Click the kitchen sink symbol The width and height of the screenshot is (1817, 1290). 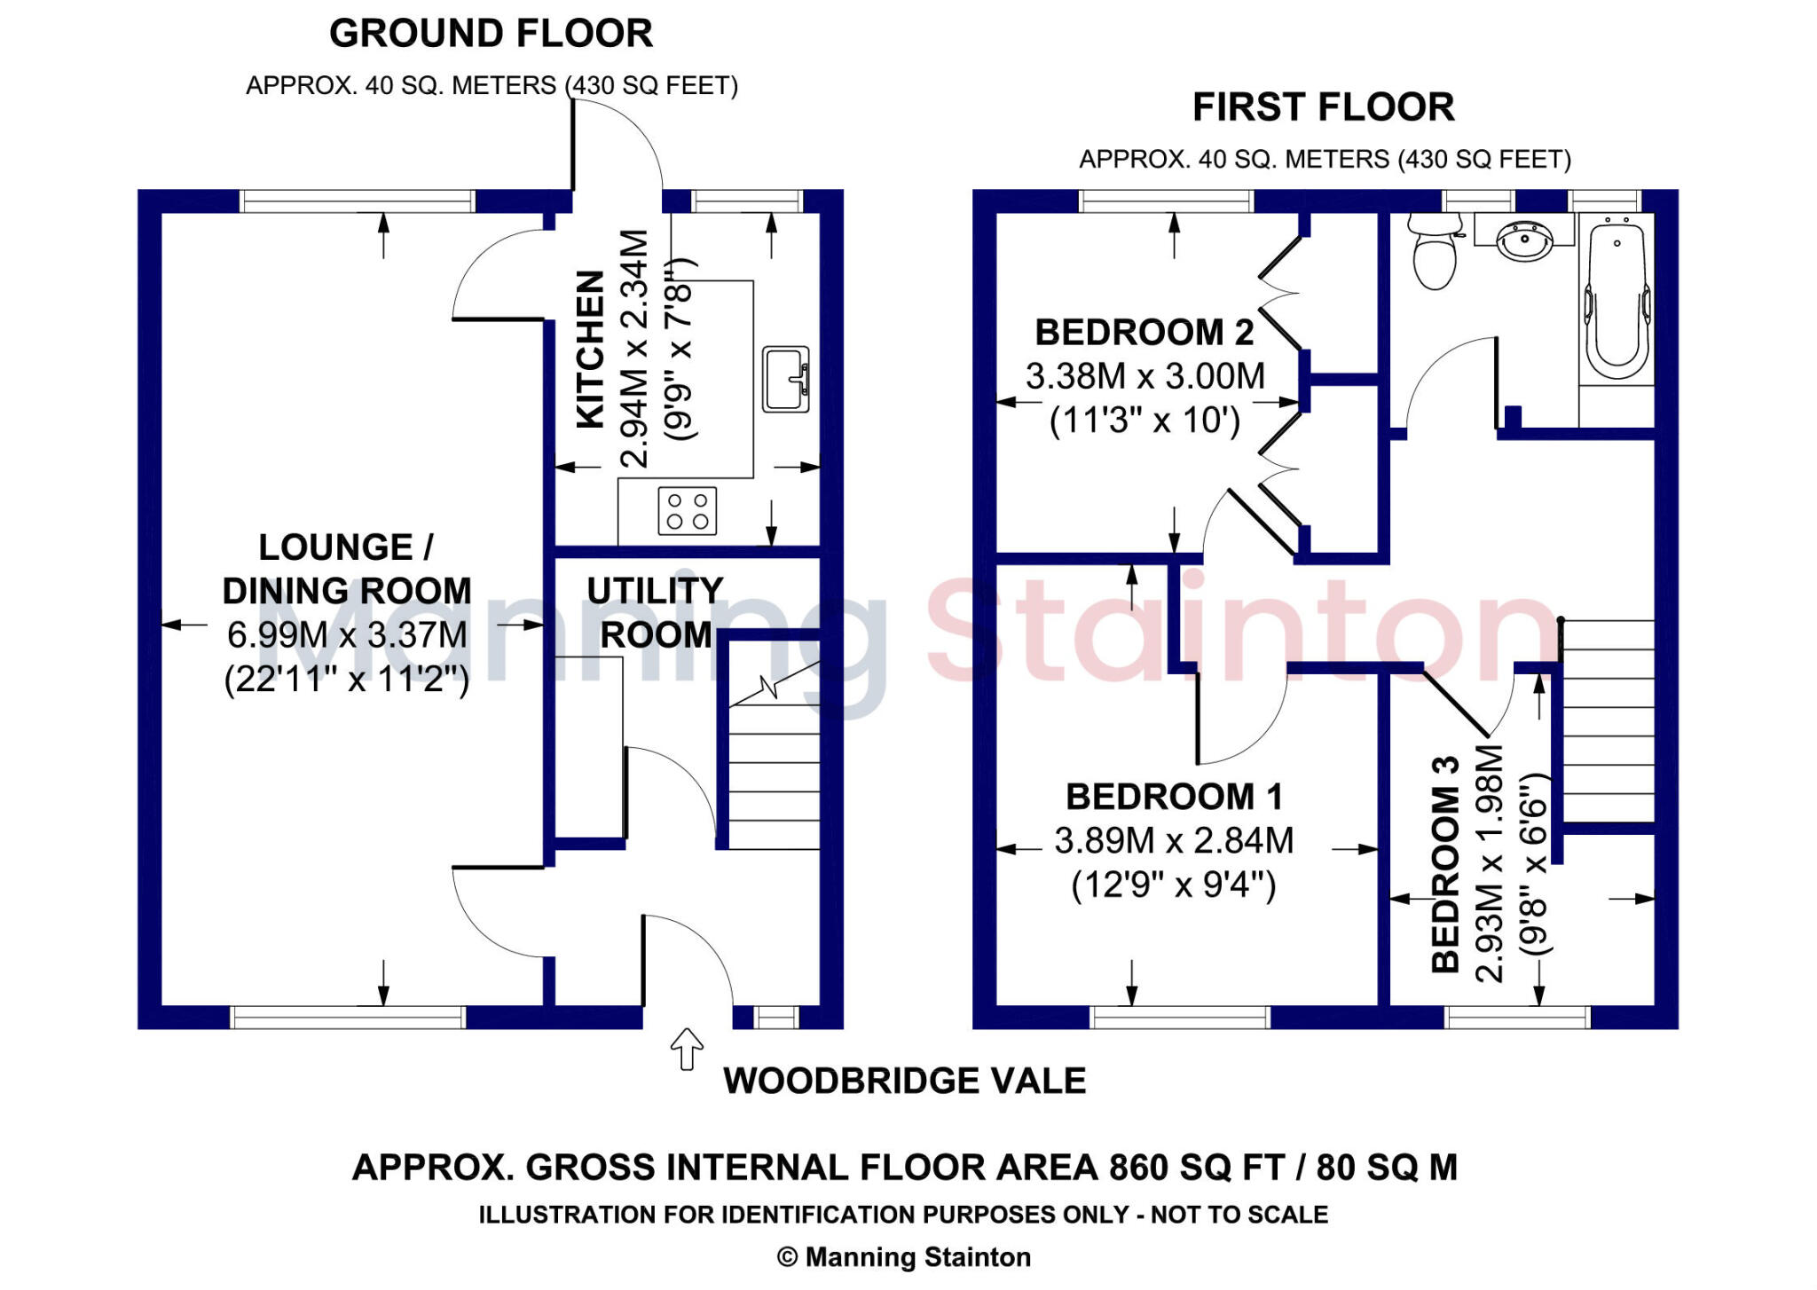pos(786,379)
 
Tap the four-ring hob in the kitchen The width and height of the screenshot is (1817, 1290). pos(687,511)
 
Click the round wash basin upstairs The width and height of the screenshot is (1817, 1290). pos(1524,239)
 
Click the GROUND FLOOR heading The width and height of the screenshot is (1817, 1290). pos(491,34)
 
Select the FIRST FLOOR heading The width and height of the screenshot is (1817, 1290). pos(1323,107)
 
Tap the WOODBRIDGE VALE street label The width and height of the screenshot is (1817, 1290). pos(904,1081)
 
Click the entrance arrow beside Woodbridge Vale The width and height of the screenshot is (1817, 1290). pos(687,1049)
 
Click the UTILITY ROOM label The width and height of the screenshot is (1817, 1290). pos(655,612)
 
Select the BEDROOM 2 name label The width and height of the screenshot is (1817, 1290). pos(1144,333)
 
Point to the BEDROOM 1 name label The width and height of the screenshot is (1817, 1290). pos(1174,797)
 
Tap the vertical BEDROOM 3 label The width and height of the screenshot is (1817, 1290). pos(1446,864)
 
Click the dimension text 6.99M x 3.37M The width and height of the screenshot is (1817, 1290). pos(347,635)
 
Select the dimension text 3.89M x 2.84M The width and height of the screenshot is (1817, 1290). pos(1174,840)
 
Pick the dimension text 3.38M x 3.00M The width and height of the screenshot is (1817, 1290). pos(1144,376)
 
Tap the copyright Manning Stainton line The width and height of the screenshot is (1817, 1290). pos(903,1257)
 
